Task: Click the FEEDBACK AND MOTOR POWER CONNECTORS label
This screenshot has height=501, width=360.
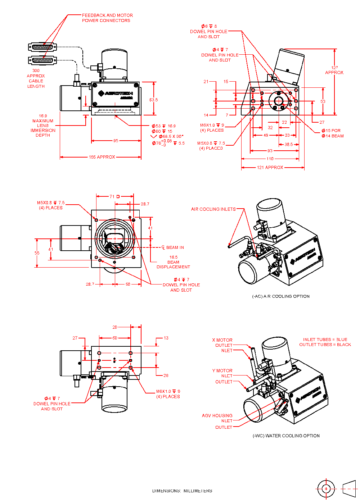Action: point(107,18)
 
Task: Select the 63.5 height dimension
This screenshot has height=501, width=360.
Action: point(154,100)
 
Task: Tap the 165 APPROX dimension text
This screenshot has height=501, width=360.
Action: point(102,157)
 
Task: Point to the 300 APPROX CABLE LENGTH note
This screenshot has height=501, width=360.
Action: point(36,78)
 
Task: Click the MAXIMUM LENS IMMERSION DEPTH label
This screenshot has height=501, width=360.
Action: point(43,126)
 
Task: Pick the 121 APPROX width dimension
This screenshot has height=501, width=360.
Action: point(270,168)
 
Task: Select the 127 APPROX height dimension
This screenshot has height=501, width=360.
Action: point(334,70)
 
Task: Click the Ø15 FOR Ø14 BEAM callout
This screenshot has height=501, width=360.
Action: point(333,133)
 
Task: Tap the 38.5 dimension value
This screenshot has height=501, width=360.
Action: point(289,145)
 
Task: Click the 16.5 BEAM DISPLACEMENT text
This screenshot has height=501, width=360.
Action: point(173,262)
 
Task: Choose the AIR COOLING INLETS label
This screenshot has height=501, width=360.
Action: point(213,209)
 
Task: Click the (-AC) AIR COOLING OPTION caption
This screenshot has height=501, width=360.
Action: point(281,296)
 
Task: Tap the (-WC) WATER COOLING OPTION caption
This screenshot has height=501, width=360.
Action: point(286,436)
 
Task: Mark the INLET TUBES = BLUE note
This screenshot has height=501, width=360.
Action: point(325,340)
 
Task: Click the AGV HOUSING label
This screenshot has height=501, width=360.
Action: point(217,415)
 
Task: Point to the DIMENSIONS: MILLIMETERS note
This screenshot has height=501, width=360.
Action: point(182,491)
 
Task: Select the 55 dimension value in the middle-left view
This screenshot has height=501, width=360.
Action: point(37,253)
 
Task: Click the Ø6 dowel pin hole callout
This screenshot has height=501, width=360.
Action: point(209,31)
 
